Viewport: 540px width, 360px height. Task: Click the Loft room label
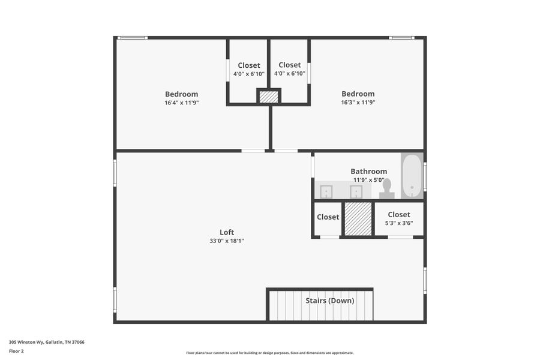[227, 232]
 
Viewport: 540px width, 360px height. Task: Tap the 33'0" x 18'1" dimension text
[227, 241]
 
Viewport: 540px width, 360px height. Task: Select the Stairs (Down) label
[329, 301]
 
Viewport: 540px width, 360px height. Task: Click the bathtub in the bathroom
[412, 176]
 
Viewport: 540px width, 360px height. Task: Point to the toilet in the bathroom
[386, 188]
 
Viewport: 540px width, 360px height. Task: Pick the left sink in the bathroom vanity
[326, 191]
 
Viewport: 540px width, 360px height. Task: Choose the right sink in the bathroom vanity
[356, 191]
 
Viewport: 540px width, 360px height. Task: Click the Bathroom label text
[368, 171]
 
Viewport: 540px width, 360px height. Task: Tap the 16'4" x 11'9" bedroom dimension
[181, 103]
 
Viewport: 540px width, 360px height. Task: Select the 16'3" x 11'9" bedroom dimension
[358, 103]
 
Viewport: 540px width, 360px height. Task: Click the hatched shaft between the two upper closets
[269, 97]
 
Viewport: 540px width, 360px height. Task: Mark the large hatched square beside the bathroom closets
[358, 218]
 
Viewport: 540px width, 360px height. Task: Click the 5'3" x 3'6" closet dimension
[398, 223]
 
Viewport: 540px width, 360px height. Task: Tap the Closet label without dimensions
[328, 217]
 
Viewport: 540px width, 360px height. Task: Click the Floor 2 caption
[16, 351]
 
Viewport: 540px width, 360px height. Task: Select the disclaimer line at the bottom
[269, 353]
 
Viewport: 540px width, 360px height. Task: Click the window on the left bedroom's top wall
[132, 38]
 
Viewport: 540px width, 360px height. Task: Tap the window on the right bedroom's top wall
[401, 38]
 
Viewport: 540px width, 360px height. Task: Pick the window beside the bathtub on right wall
[425, 176]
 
